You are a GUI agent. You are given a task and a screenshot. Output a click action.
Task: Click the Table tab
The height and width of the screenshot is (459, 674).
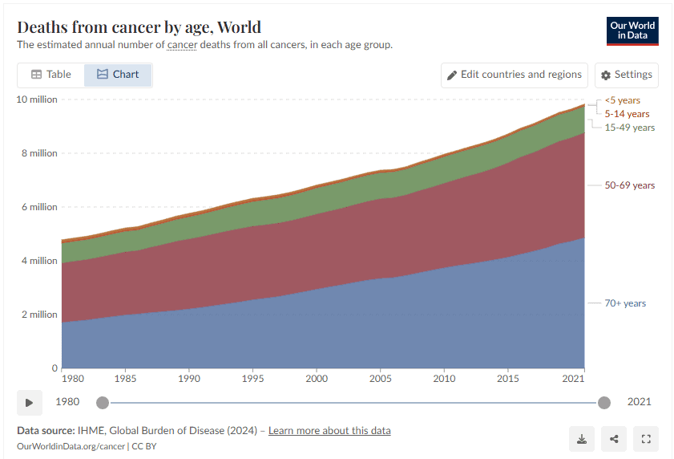[51, 75]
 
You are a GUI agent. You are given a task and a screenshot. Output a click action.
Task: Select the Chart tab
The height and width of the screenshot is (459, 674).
[118, 75]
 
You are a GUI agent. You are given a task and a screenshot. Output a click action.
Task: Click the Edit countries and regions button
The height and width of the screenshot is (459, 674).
[514, 75]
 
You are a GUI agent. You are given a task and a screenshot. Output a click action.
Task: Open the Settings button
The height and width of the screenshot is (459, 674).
[626, 75]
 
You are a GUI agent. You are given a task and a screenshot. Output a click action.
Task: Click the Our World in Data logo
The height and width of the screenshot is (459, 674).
[632, 30]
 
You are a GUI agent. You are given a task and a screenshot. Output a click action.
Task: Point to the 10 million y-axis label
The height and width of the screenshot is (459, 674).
[37, 99]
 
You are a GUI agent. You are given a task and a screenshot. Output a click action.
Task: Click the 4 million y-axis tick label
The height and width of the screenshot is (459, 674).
[38, 261]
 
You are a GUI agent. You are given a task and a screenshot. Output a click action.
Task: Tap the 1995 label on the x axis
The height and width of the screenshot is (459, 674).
[252, 378]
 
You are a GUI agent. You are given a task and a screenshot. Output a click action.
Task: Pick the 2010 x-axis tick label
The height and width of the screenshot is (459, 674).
[445, 378]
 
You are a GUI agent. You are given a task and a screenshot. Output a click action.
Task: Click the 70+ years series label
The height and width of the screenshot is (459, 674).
[625, 303]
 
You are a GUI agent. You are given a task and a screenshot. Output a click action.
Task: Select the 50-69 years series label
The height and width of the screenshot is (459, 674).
[629, 185]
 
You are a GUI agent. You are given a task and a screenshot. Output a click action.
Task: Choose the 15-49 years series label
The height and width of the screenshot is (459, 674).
[629, 128]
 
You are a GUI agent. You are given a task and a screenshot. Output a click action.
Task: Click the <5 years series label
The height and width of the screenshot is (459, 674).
[622, 100]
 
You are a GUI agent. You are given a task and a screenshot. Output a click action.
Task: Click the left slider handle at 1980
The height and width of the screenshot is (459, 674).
[102, 403]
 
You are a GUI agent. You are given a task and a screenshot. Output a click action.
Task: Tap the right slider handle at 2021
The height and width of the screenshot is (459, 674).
[604, 403]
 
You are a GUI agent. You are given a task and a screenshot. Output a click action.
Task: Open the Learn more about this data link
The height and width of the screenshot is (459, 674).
[329, 431]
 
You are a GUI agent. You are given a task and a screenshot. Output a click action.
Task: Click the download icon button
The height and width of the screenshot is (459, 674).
[581, 439]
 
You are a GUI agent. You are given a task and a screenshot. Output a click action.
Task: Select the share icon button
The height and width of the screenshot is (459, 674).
[614, 439]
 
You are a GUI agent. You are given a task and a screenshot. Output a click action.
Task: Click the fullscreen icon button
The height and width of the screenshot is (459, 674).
[646, 439]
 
